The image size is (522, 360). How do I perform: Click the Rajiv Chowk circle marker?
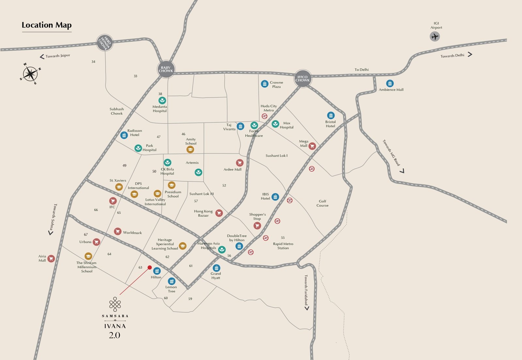click(x=166, y=69)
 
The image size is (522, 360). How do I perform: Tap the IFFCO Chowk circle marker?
click(x=302, y=79)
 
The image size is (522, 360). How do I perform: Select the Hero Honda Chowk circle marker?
click(x=105, y=42)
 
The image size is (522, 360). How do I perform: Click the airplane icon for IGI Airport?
click(x=435, y=36)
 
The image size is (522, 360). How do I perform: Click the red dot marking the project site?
click(x=150, y=267)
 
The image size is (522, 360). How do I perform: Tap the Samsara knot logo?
click(x=115, y=304)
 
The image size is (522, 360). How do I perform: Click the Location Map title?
click(x=47, y=25)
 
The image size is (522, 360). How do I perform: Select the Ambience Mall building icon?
click(x=390, y=83)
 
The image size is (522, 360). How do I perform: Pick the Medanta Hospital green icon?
click(x=162, y=100)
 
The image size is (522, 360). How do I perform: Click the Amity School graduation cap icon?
click(x=190, y=149)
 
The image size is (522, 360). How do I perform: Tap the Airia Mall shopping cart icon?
click(x=51, y=259)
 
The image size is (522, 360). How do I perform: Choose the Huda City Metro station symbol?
click(x=265, y=116)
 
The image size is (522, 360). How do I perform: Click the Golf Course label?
click(x=322, y=203)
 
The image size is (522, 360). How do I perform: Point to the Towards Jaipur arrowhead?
click(x=42, y=57)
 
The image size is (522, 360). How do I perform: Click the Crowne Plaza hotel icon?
click(x=265, y=84)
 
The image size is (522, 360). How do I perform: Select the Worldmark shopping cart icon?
click(x=118, y=232)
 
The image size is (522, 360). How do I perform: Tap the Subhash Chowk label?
click(x=116, y=111)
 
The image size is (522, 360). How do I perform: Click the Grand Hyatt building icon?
click(x=216, y=268)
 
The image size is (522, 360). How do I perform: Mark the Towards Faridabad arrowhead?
click(x=307, y=308)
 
